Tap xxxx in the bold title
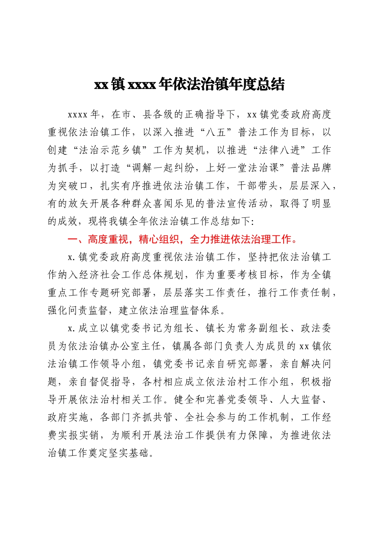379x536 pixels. click(142, 85)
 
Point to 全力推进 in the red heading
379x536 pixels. click(210, 239)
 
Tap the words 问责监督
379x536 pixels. click(90, 310)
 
